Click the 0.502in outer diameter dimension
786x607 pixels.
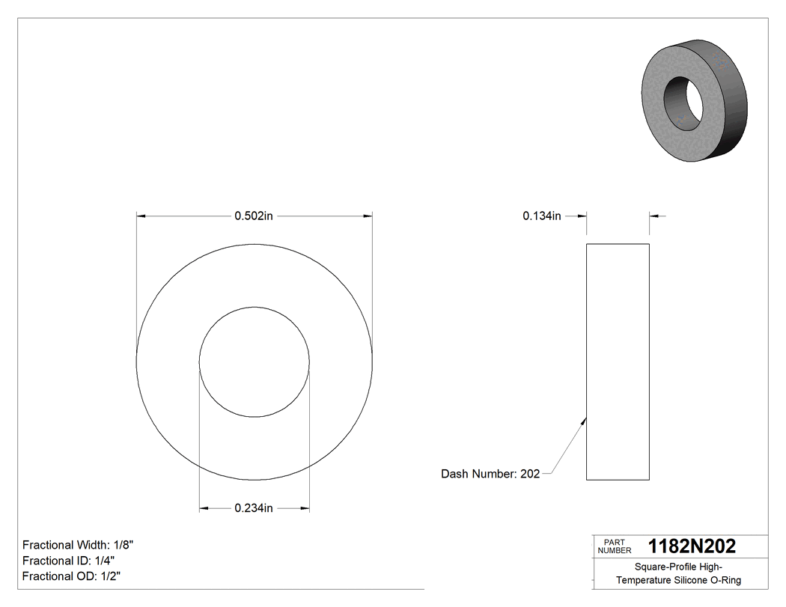click(x=254, y=216)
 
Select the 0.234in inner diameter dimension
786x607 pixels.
click(x=254, y=508)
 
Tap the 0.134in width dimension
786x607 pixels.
click(x=541, y=216)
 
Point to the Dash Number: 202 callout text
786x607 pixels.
click(x=490, y=474)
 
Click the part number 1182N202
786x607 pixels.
click(x=692, y=546)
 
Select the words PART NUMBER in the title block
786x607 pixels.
click(x=615, y=546)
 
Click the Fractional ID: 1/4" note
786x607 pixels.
click(x=68, y=561)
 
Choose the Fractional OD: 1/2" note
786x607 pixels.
click(x=71, y=576)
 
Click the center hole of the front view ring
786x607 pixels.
click(x=255, y=362)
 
